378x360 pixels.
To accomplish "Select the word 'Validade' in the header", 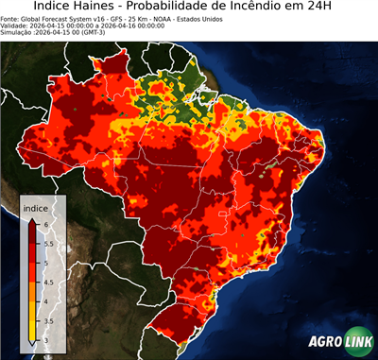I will click(16, 25).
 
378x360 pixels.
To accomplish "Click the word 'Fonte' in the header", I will click(11, 18).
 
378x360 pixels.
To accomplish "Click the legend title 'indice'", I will click(35, 207).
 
